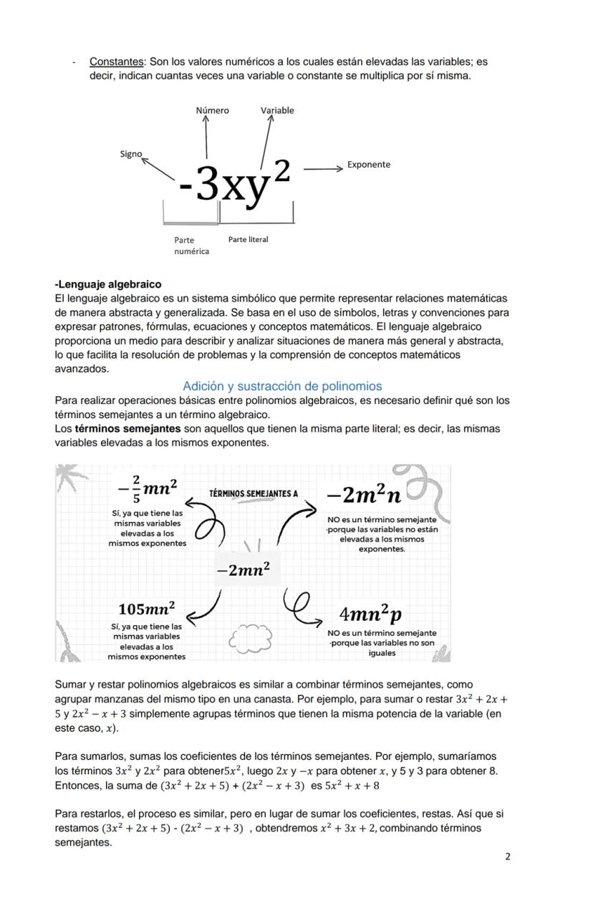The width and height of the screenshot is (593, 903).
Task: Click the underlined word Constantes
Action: [116, 62]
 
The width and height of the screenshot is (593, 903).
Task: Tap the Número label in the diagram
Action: [212, 110]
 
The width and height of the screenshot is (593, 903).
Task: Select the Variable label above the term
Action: [277, 110]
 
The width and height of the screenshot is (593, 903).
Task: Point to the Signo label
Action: [131, 154]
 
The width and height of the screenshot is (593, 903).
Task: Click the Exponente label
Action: [369, 165]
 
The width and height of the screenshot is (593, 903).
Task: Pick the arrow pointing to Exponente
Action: [323, 169]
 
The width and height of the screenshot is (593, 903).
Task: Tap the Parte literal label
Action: [248, 239]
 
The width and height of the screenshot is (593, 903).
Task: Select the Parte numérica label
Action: [191, 246]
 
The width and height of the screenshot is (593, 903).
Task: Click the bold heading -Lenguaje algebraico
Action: [108, 284]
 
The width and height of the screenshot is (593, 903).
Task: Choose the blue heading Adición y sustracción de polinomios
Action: [282, 386]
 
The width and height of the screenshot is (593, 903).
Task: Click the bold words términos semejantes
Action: [127, 429]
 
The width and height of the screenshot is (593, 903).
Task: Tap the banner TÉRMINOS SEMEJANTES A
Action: [253, 493]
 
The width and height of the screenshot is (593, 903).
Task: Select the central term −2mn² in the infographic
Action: [244, 570]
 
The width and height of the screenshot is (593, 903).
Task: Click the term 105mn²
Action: [147, 609]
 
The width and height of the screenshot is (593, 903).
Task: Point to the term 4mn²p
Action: [370, 614]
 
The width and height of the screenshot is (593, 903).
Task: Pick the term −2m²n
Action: [364, 495]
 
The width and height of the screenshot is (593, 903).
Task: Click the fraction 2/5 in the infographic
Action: [135, 490]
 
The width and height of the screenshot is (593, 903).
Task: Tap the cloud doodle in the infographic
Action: [250, 637]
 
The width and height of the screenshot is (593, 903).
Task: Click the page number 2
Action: [508, 856]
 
